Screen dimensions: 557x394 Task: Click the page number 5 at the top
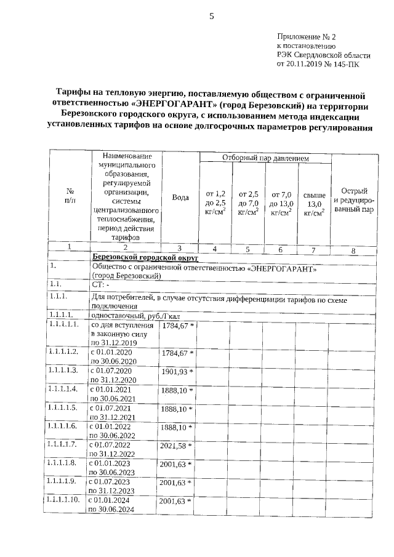point(211,17)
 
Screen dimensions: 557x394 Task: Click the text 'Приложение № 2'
point(306,37)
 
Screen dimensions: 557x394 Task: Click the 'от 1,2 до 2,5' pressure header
point(215,202)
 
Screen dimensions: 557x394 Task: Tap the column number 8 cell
point(353,250)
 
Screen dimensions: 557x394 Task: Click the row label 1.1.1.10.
point(64,500)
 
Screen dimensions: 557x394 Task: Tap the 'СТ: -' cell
point(100,286)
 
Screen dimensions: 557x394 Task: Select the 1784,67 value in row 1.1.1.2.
point(174,353)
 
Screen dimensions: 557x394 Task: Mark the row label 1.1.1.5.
point(63,408)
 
